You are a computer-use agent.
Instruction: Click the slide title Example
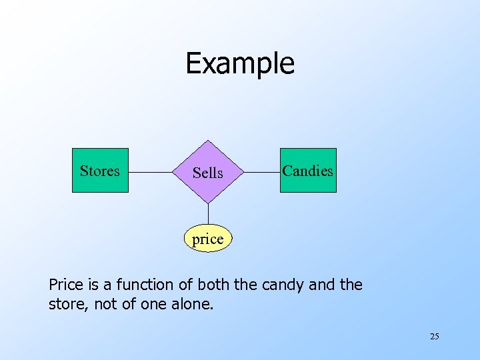(239, 63)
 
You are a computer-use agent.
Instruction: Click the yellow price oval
(207, 239)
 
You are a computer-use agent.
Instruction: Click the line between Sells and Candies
(262, 173)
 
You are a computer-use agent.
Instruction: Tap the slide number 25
(434, 337)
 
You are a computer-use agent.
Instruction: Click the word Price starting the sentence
(66, 285)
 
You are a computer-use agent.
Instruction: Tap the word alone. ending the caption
(192, 305)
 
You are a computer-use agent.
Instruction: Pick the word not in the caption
(105, 305)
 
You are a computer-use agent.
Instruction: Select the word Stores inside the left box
(100, 171)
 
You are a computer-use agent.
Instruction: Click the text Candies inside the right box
(308, 171)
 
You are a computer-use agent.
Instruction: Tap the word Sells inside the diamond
(208, 173)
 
